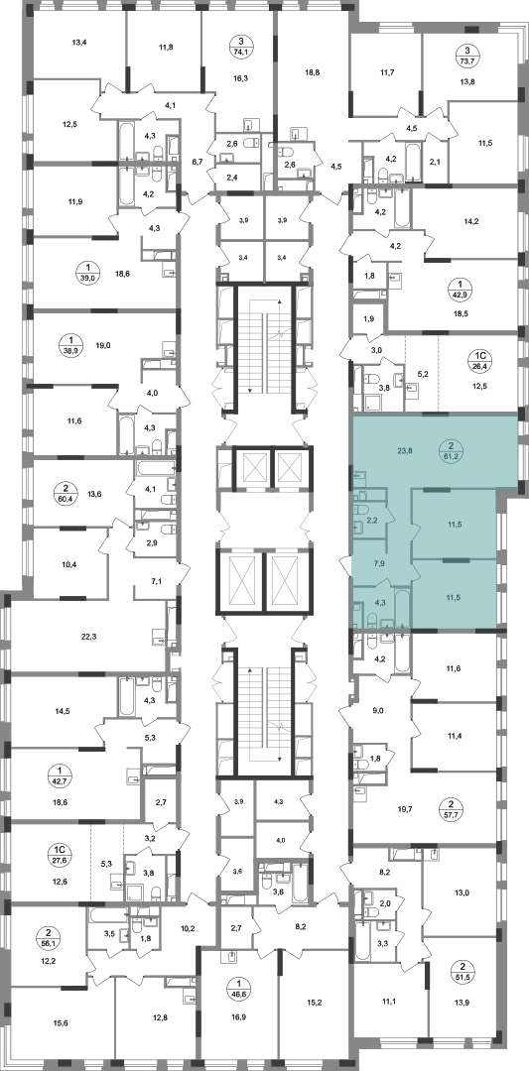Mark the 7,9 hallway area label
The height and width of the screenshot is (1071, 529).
coord(379,564)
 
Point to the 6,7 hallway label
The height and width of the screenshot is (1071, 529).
coord(198,162)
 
